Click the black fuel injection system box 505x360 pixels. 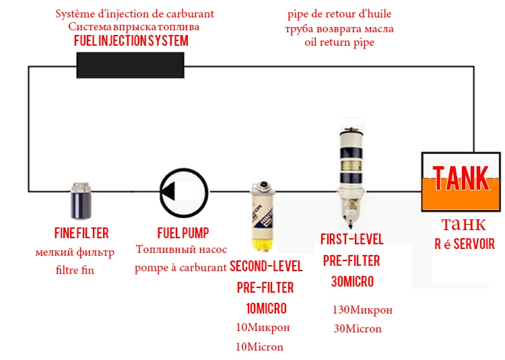point(130,65)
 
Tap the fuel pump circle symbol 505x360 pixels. point(184,168)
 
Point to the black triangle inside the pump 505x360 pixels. point(168,191)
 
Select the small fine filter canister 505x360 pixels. point(81,201)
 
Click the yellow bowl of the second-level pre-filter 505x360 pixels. point(263,244)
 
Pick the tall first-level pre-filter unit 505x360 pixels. point(351,174)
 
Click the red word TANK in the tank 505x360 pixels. point(461,178)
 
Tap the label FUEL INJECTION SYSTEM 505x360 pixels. point(131,41)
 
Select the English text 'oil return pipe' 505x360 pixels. point(339,42)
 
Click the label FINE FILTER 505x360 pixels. point(81,233)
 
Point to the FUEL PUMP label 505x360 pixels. point(183,233)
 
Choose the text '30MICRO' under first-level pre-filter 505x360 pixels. point(352,281)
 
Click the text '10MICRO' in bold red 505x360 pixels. point(266,308)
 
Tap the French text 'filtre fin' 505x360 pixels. point(75,270)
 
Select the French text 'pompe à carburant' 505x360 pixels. point(180,267)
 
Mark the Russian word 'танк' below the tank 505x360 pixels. point(463,224)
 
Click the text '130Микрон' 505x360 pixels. point(362,310)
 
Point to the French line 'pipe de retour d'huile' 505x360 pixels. point(339,14)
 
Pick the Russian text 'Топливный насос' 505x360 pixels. point(181,249)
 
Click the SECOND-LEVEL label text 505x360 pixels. point(266,266)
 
